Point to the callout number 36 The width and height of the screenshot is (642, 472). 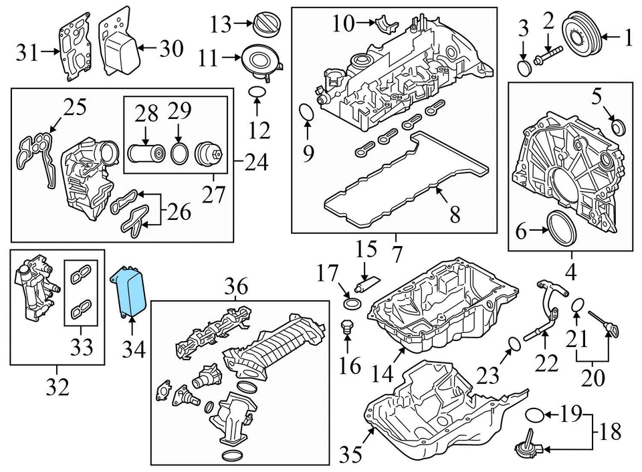[x=236, y=287]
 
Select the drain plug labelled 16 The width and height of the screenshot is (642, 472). [x=346, y=328]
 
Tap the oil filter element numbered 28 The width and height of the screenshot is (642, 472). [x=146, y=154]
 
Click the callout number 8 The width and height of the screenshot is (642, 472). [x=454, y=214]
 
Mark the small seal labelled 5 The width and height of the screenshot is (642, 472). [x=619, y=125]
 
